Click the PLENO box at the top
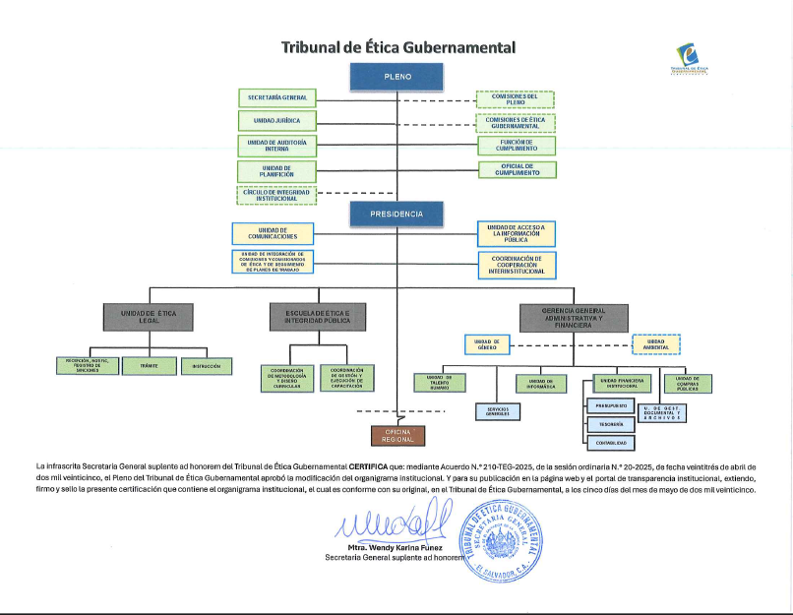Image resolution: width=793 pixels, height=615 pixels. pos(397,76)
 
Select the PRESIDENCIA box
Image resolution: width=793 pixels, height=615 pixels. pos(397,214)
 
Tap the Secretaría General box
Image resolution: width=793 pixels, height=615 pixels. pos(276,97)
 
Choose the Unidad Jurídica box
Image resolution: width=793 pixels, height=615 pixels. pos(276,121)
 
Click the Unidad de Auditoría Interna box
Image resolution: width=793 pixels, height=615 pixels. pos(276,146)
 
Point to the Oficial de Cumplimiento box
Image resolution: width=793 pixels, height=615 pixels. pos(517,170)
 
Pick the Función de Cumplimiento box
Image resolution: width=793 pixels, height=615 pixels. pos(517,146)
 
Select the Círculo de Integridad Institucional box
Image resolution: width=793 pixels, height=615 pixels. pos(276,195)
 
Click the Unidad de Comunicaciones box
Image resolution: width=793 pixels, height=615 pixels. pos(273,233)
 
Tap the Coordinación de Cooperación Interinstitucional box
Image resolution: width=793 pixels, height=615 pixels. pos(517,266)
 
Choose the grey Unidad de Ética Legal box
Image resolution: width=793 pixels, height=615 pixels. pos(149,316)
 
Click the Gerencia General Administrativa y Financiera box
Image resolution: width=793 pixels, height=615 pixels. pos(575,317)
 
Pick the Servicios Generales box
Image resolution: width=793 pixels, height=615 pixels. pos(497,411)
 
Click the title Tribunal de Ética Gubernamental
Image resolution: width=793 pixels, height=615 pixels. pos(397,47)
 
